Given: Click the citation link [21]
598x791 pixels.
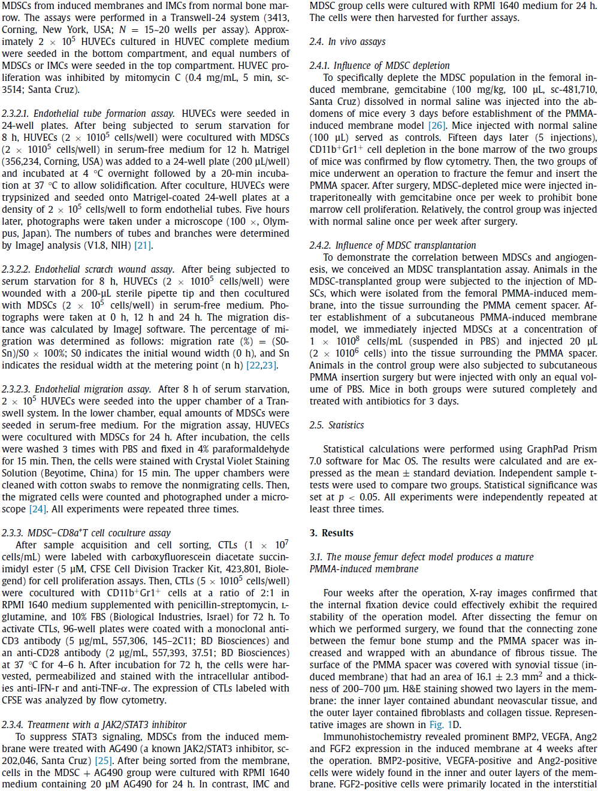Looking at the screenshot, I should click(143, 245).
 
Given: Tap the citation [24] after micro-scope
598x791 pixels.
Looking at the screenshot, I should click(37, 509).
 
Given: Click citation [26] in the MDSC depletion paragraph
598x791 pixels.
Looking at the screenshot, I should click(437, 125).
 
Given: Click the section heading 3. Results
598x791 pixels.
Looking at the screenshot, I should click(331, 533).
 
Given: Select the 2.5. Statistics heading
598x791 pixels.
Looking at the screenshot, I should click(337, 425).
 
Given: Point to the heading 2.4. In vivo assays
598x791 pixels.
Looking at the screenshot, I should click(348, 41).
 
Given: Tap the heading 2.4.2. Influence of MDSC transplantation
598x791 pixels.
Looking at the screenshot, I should click(392, 245).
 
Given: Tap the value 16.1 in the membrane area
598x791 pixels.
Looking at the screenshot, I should click(484, 677).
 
